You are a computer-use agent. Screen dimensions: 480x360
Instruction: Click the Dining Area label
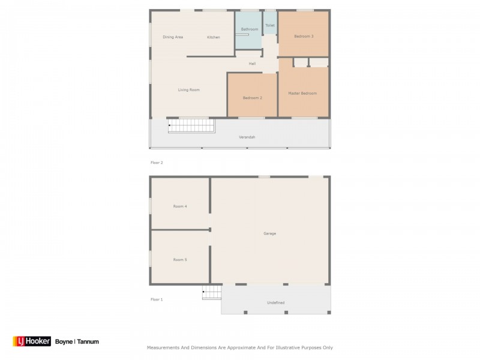click(x=173, y=37)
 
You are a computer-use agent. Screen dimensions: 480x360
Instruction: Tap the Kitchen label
click(x=214, y=37)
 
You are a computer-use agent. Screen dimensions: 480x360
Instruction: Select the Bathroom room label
click(x=250, y=29)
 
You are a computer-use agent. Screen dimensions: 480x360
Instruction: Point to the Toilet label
click(x=270, y=25)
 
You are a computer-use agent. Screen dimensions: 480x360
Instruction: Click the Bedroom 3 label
click(x=304, y=36)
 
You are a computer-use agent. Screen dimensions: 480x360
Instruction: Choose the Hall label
click(x=252, y=64)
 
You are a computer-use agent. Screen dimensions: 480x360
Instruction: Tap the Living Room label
click(x=189, y=89)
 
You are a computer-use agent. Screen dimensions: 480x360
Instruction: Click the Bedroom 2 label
click(x=252, y=98)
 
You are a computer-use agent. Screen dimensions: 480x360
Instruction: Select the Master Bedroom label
click(x=302, y=94)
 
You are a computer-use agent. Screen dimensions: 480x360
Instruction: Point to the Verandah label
click(x=247, y=137)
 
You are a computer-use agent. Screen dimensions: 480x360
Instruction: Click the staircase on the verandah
click(x=191, y=125)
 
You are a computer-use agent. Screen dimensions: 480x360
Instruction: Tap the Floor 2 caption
click(x=157, y=163)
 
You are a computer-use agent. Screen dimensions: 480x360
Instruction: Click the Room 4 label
click(x=180, y=206)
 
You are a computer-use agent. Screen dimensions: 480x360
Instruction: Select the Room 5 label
click(x=180, y=260)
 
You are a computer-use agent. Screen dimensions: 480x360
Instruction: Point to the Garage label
click(x=269, y=233)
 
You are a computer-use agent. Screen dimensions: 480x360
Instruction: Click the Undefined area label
click(x=276, y=302)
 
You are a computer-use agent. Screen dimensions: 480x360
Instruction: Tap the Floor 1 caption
click(x=157, y=299)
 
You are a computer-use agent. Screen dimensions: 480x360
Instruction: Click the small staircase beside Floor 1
click(x=212, y=292)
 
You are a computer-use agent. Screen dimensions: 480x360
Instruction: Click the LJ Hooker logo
click(x=32, y=341)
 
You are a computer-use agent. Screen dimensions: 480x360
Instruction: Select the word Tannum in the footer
click(x=88, y=341)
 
